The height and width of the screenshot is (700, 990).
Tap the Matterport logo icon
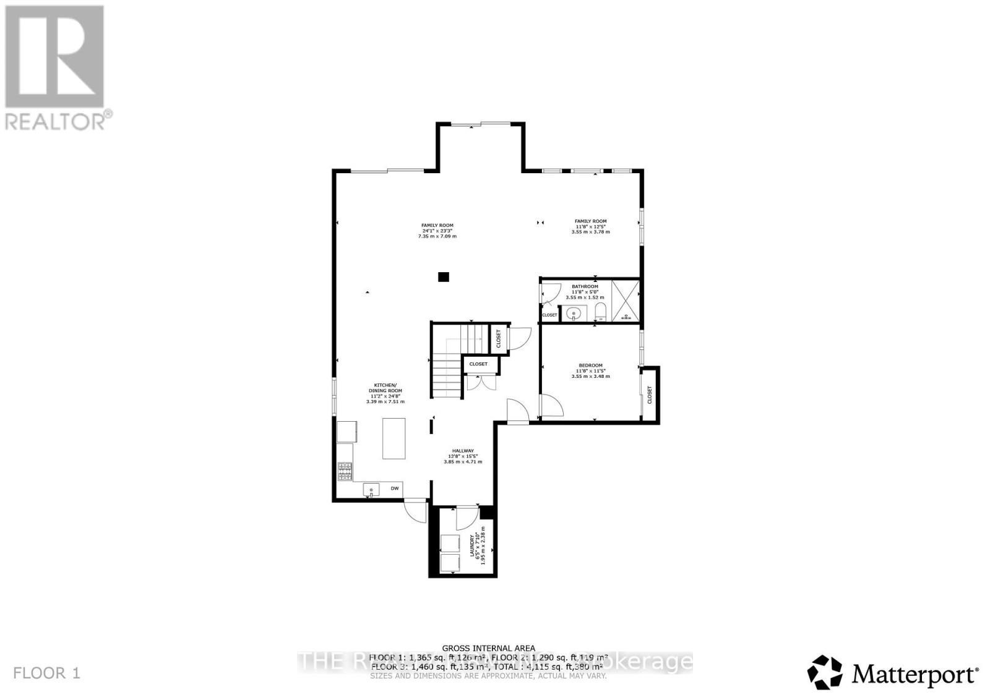point(825,672)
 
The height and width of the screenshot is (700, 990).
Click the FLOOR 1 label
point(46,673)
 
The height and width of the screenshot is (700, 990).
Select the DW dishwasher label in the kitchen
point(394,489)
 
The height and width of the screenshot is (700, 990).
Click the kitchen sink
point(371,490)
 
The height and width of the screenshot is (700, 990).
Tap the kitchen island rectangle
point(394,438)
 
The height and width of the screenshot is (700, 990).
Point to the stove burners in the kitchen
point(345,472)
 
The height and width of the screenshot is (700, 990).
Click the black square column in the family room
point(443,277)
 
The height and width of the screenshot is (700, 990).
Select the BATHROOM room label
point(585,287)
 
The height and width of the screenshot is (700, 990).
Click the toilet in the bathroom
point(600,311)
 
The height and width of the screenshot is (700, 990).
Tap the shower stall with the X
point(625,301)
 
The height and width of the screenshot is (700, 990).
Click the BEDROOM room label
point(590,365)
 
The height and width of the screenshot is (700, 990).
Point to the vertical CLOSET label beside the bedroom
point(650,395)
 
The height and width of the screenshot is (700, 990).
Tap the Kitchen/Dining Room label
point(385,388)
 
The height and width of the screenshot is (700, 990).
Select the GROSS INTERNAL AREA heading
point(488,648)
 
